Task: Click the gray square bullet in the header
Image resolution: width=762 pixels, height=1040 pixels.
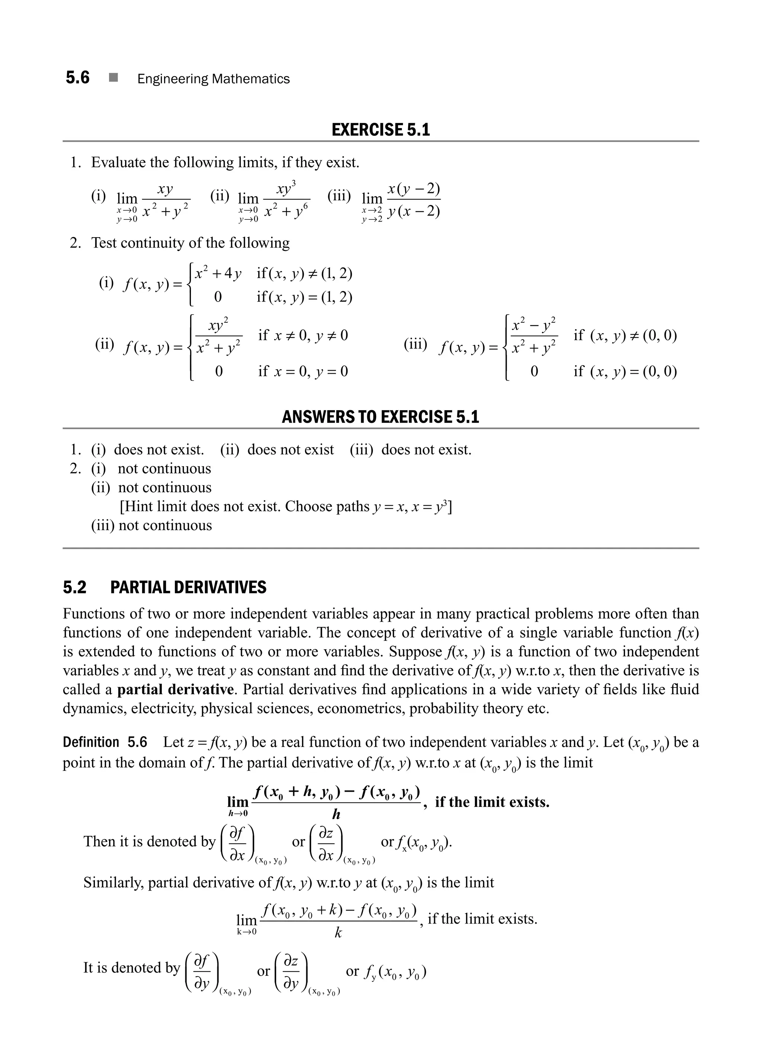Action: coord(113,78)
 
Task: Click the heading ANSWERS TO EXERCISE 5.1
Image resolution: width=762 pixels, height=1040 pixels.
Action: coord(381,417)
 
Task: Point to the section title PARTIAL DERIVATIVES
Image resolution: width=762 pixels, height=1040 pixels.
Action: coord(188,588)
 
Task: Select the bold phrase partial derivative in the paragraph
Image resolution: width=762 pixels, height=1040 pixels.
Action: coord(175,689)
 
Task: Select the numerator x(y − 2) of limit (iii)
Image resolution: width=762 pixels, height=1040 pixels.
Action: coord(414,189)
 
